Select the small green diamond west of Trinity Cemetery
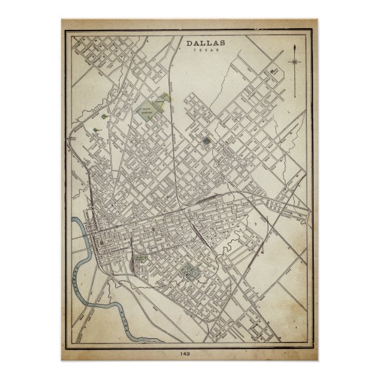pyautogui.click(x=104, y=116)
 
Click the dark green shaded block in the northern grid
pyautogui.click(x=205, y=141)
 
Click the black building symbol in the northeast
pyautogui.click(x=273, y=74)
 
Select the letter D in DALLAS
pyautogui.click(x=189, y=43)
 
